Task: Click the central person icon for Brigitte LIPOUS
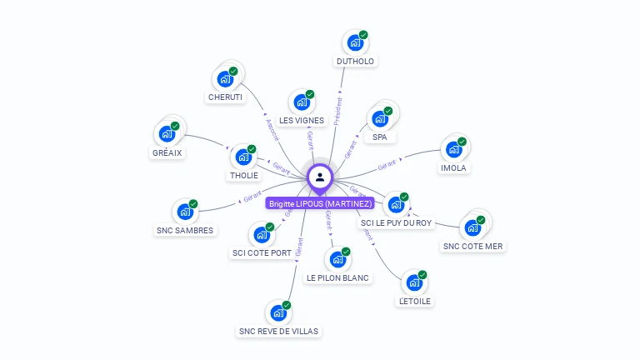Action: [320, 177]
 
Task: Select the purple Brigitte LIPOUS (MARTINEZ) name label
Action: [320, 203]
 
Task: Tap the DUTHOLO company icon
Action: [355, 44]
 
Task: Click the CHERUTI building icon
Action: [224, 80]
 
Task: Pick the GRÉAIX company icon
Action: [167, 134]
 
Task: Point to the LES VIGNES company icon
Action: [301, 103]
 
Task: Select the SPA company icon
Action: [380, 118]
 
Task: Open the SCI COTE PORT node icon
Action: [261, 235]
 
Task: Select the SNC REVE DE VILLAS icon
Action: [277, 313]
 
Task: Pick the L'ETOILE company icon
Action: [413, 283]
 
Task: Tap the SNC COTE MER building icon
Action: [472, 227]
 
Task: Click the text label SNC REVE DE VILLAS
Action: [278, 331]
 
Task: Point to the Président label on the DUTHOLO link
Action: [338, 112]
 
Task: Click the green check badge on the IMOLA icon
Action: [462, 142]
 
